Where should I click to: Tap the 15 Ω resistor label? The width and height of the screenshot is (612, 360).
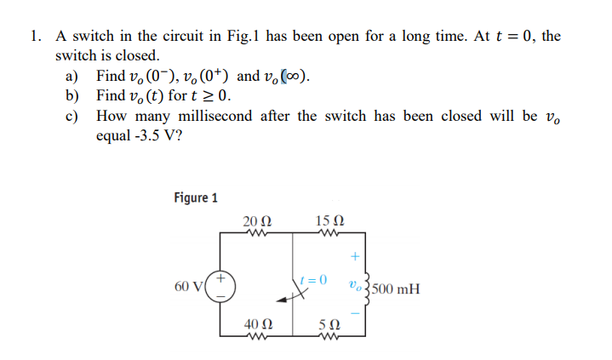tap(328, 222)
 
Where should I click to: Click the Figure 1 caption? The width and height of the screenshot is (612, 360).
tap(195, 198)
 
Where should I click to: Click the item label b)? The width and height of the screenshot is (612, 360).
tap(73, 95)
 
